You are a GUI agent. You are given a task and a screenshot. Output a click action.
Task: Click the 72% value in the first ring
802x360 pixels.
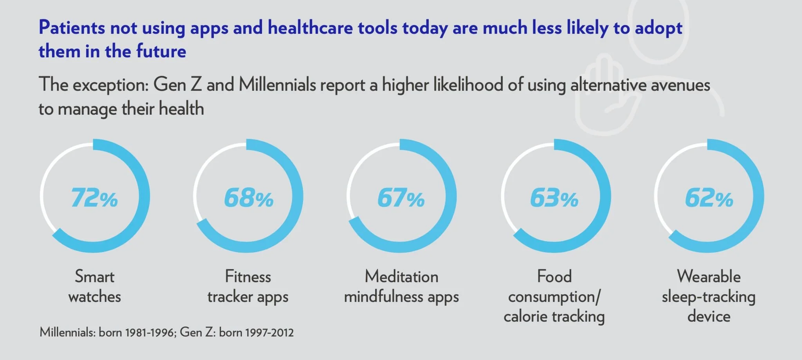[x=94, y=198]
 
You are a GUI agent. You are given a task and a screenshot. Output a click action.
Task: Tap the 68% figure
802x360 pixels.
[x=249, y=198]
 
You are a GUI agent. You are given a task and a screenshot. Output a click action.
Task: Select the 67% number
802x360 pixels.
[x=401, y=198]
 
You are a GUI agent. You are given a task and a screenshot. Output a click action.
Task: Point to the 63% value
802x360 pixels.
[x=554, y=198]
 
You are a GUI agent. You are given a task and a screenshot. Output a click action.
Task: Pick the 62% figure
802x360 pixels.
[x=709, y=198]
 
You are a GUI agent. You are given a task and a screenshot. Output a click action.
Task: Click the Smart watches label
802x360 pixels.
[x=95, y=286]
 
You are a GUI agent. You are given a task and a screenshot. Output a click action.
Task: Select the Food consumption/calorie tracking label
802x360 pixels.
[x=554, y=297]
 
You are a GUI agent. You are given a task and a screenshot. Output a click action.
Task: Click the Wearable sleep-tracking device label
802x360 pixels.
[x=709, y=297]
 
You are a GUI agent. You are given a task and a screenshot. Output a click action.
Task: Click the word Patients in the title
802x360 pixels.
[x=72, y=28]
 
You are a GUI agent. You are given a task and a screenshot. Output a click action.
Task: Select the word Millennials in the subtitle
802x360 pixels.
[x=277, y=85]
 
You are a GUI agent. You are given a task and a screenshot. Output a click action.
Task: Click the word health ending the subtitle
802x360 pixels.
[x=181, y=109]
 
